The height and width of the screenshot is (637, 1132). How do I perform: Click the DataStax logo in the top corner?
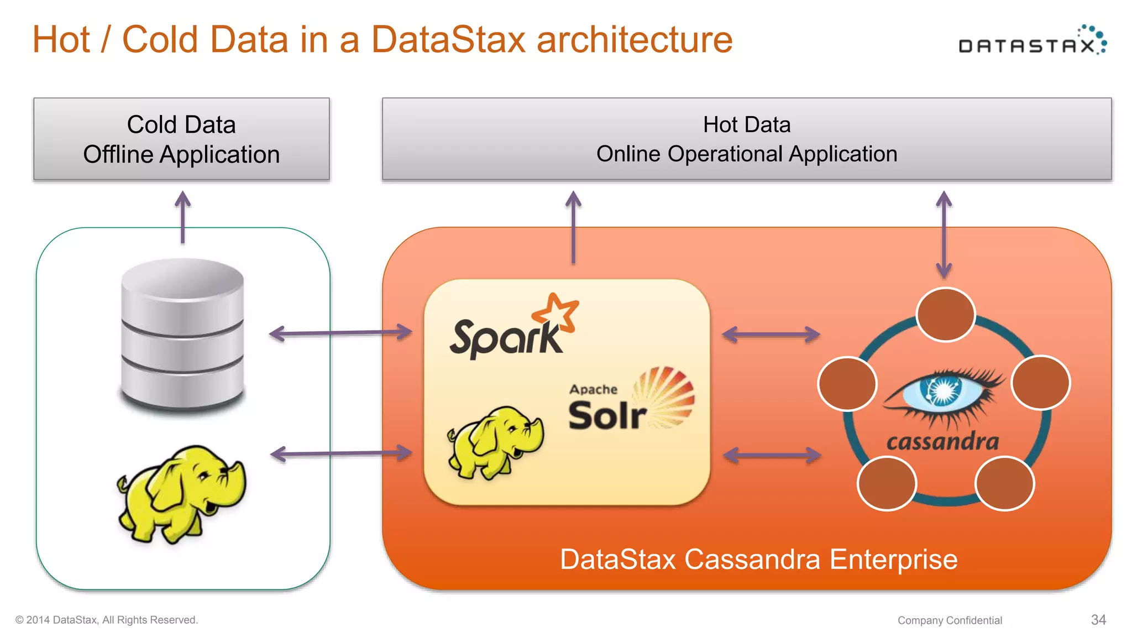(1031, 41)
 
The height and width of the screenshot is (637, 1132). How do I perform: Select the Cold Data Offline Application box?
(181, 139)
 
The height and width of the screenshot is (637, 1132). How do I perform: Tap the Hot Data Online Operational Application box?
(746, 139)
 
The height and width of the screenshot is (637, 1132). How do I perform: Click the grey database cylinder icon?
(182, 335)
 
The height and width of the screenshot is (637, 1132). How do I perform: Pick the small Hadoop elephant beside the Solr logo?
(496, 441)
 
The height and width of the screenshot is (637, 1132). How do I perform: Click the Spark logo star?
(557, 313)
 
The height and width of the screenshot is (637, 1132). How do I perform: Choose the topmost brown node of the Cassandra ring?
(945, 315)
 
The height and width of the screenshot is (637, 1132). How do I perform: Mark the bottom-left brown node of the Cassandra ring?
(887, 483)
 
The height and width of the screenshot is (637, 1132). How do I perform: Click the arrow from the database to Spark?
(340, 333)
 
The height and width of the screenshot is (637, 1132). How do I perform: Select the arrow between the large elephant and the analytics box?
(341, 454)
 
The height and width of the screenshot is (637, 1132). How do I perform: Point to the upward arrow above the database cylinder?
(182, 217)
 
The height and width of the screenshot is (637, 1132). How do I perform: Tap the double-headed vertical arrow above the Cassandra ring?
(944, 234)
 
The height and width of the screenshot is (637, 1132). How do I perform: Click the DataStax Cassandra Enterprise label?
(758, 560)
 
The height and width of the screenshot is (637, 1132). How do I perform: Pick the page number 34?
(1098, 620)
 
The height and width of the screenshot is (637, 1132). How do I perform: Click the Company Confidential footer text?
(949, 620)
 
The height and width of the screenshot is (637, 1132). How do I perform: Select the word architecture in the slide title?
(635, 40)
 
